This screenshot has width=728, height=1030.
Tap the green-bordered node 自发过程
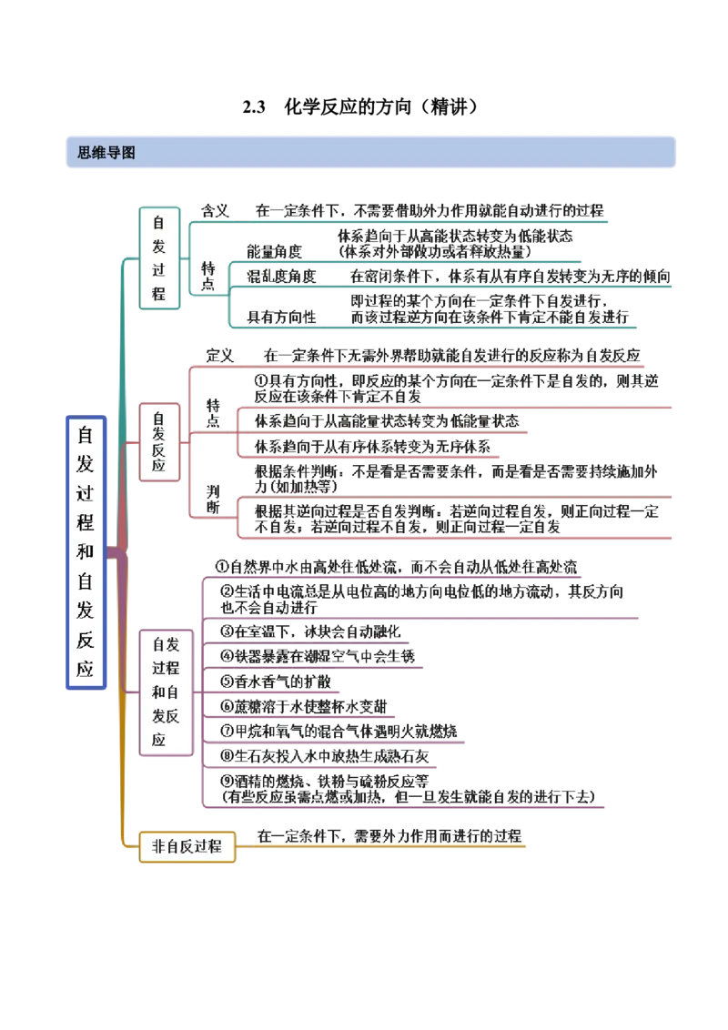pyautogui.click(x=159, y=258)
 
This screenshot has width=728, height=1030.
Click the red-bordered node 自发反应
pyautogui.click(x=158, y=441)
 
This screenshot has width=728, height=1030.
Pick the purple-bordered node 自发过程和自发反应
pyautogui.click(x=166, y=692)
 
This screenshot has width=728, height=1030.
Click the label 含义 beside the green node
pyautogui.click(x=215, y=210)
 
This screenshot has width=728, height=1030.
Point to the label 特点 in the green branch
pyautogui.click(x=210, y=275)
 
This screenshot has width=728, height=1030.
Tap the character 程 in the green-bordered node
pyautogui.click(x=159, y=295)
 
